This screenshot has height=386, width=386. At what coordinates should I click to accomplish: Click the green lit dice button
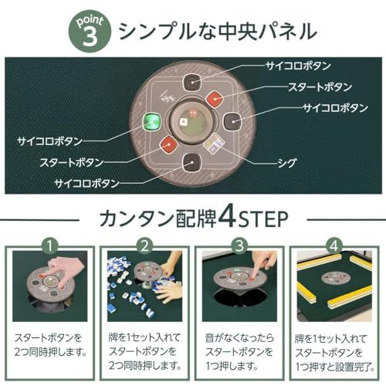(x=152, y=123)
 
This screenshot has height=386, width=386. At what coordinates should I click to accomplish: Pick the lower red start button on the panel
(x=167, y=144)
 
